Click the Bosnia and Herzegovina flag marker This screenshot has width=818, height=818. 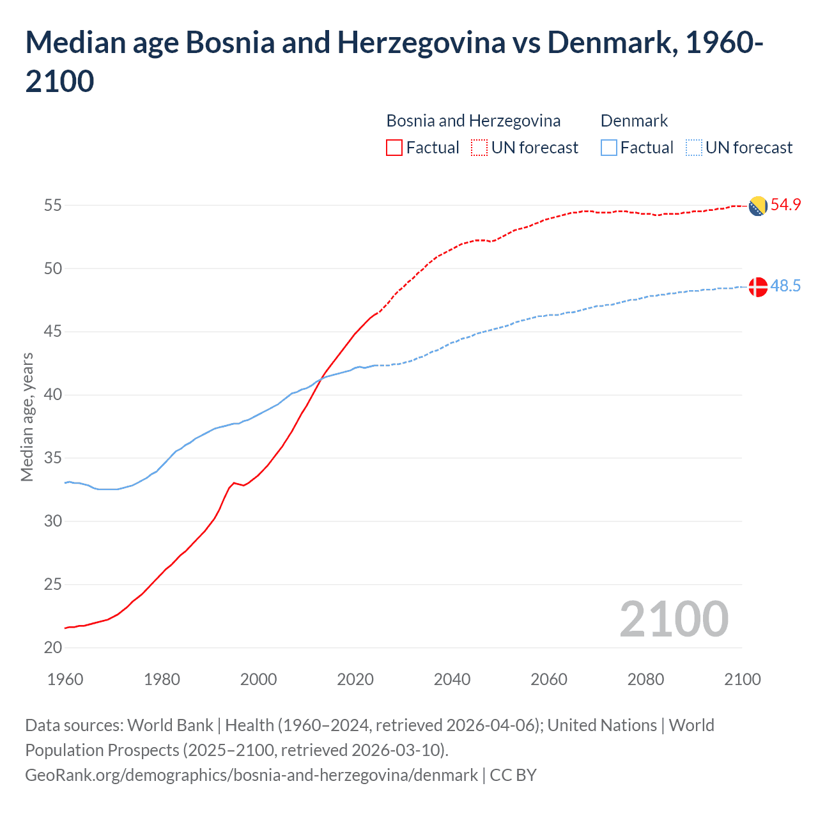pos(757,206)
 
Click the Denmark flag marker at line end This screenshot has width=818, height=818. pos(757,287)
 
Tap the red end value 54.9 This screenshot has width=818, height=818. pos(785,205)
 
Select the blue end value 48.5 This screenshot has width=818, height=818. pos(785,286)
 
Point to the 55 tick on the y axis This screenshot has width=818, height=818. pos(53,206)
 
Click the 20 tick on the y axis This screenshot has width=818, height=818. pos(53,647)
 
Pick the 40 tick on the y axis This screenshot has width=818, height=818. pos(53,395)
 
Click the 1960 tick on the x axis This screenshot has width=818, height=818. pos(65,679)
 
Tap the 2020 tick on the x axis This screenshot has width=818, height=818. pos(355,679)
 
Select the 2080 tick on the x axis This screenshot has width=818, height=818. pos(645,679)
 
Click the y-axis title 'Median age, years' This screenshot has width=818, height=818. pos(27,417)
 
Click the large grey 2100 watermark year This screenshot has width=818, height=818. pos(674,619)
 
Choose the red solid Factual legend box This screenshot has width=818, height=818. pos(394,148)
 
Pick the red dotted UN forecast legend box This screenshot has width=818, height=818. pos(479,148)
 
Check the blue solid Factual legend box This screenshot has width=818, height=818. pos(609,148)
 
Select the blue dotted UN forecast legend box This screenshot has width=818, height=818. pos(693,148)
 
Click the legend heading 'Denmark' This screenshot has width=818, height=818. pos(634,121)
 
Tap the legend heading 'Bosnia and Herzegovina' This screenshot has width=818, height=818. pos(473,121)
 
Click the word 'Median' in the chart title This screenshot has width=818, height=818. pos(73,43)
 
